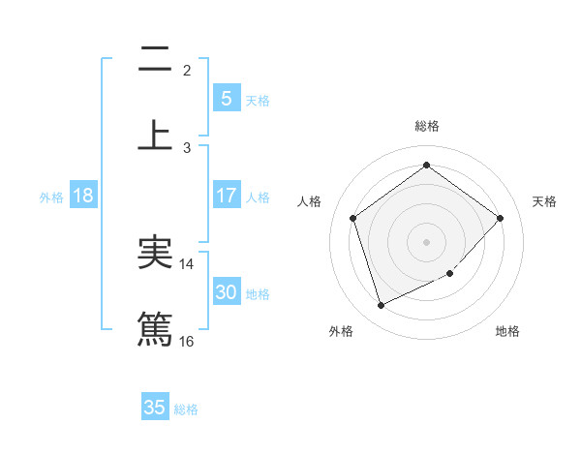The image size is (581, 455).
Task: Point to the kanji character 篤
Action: (x=155, y=328)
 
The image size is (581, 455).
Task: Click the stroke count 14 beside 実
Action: (x=187, y=264)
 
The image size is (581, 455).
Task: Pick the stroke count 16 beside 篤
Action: (x=187, y=341)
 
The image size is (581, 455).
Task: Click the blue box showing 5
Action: (x=226, y=98)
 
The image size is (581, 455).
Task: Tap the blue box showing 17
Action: (x=226, y=196)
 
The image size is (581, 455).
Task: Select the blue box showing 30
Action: (x=226, y=292)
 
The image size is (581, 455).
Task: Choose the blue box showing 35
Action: (x=155, y=408)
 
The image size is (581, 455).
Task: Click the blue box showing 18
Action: (x=83, y=196)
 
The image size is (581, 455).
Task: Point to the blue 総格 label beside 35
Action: (x=186, y=409)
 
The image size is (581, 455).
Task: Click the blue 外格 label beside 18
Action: (x=51, y=197)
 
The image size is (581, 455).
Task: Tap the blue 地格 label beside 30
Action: (x=258, y=294)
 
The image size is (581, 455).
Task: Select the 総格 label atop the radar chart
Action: (x=426, y=126)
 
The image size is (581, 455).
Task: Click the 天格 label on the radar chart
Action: (x=544, y=201)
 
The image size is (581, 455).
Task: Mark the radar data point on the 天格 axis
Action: (x=500, y=218)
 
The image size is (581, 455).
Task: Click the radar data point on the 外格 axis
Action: (x=381, y=306)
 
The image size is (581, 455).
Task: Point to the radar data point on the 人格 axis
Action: (x=352, y=218)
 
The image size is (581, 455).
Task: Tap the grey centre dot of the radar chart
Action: (x=426, y=241)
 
